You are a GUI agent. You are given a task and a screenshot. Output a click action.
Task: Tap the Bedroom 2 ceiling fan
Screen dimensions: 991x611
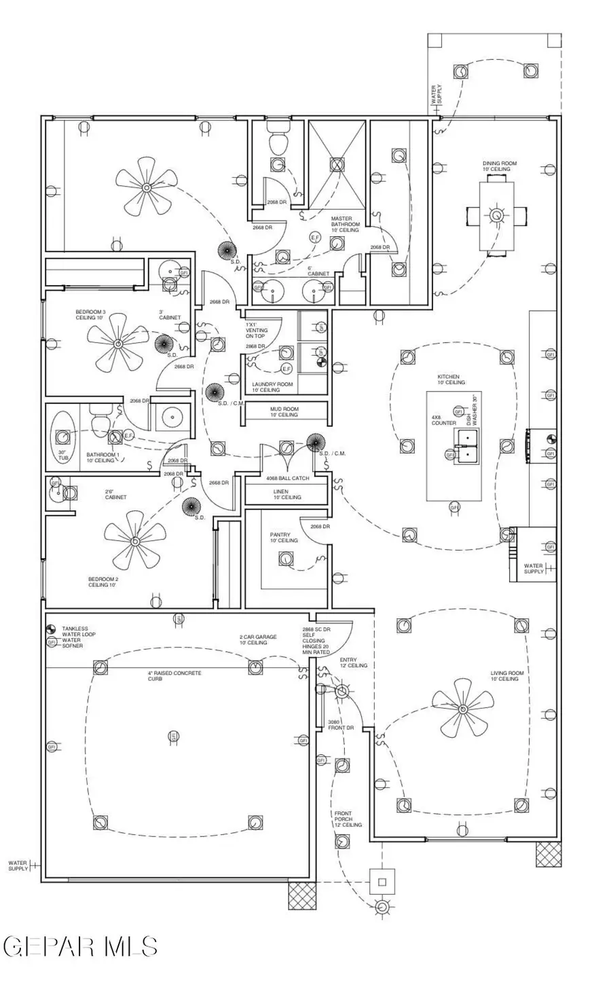click(134, 541)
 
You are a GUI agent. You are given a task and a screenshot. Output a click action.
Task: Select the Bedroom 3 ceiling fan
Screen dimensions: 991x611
click(117, 345)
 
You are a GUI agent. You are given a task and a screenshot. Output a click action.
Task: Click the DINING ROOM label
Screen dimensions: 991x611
click(500, 166)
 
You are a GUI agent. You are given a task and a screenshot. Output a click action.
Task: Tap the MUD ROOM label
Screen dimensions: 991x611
click(284, 412)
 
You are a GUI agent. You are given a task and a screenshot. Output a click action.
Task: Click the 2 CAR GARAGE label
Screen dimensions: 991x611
click(257, 639)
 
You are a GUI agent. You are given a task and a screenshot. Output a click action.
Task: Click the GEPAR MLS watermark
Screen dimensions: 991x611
click(80, 946)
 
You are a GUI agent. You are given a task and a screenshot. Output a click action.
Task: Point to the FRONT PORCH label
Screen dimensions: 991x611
click(347, 819)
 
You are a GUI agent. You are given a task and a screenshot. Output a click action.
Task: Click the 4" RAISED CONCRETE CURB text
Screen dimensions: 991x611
click(174, 675)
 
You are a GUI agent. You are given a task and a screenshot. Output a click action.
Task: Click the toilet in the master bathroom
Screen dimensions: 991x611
click(278, 141)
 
